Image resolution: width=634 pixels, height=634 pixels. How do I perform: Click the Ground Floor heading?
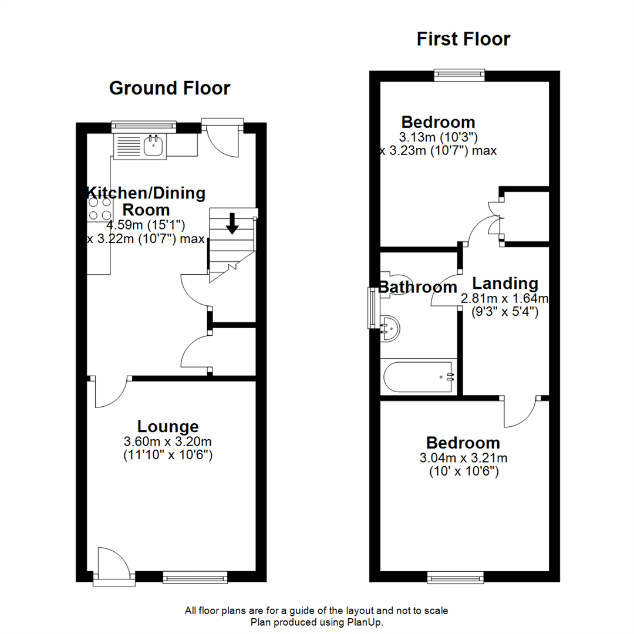tap(170, 88)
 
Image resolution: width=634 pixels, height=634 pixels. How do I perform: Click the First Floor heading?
tap(463, 39)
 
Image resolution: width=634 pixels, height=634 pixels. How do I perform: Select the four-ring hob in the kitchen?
tap(99, 209)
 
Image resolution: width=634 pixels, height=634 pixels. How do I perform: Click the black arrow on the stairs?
tap(232, 224)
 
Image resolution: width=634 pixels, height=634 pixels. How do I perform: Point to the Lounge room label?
tap(168, 427)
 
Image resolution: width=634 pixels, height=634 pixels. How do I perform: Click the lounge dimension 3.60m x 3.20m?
tap(167, 441)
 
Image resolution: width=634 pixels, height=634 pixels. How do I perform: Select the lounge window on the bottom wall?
tap(195, 578)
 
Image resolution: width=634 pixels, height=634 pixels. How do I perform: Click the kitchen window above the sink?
tap(144, 124)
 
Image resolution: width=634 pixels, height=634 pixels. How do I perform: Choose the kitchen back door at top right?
tap(224, 138)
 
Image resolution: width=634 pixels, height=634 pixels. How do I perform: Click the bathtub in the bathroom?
tap(418, 378)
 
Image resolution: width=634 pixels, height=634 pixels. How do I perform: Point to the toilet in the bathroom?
tap(394, 283)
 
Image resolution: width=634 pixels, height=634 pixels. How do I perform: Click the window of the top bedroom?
tap(460, 74)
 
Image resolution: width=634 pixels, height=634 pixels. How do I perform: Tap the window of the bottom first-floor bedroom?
tap(457, 578)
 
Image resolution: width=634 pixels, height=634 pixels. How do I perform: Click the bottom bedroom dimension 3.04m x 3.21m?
tap(463, 458)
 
